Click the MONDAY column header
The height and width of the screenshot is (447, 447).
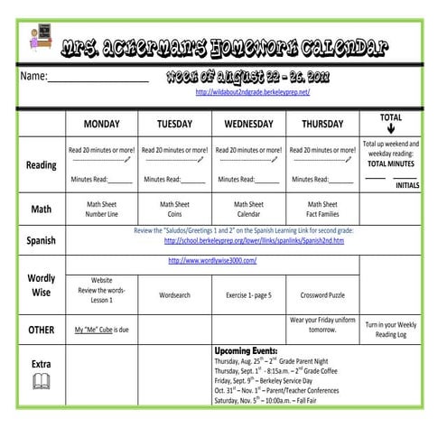[x=102, y=124]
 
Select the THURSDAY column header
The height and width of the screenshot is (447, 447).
[x=322, y=124]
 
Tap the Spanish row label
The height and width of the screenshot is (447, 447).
[x=41, y=241]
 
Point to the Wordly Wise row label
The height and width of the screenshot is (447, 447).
[x=41, y=285]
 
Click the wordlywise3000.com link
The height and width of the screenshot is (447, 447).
[x=212, y=261]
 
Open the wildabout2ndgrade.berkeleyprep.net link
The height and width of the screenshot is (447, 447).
[x=253, y=92]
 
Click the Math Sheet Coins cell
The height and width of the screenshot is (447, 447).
[x=175, y=210]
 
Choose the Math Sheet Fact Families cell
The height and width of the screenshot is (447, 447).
[x=322, y=210]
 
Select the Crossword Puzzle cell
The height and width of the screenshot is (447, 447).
[x=322, y=295]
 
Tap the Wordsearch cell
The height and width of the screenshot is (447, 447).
[x=175, y=295]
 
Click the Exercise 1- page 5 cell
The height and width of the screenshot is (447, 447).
[x=248, y=295]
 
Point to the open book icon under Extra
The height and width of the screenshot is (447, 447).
[x=42, y=383]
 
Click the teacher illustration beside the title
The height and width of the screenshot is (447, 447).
[x=40, y=38]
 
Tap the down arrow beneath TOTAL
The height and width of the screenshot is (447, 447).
[x=391, y=128]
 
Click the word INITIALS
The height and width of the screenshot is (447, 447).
[x=407, y=185]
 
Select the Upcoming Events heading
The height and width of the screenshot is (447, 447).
[x=246, y=349]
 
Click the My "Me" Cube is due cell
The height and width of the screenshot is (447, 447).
[x=102, y=330]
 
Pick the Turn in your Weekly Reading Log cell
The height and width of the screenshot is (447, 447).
[x=390, y=329]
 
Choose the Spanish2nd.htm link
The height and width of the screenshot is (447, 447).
[x=254, y=241]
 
